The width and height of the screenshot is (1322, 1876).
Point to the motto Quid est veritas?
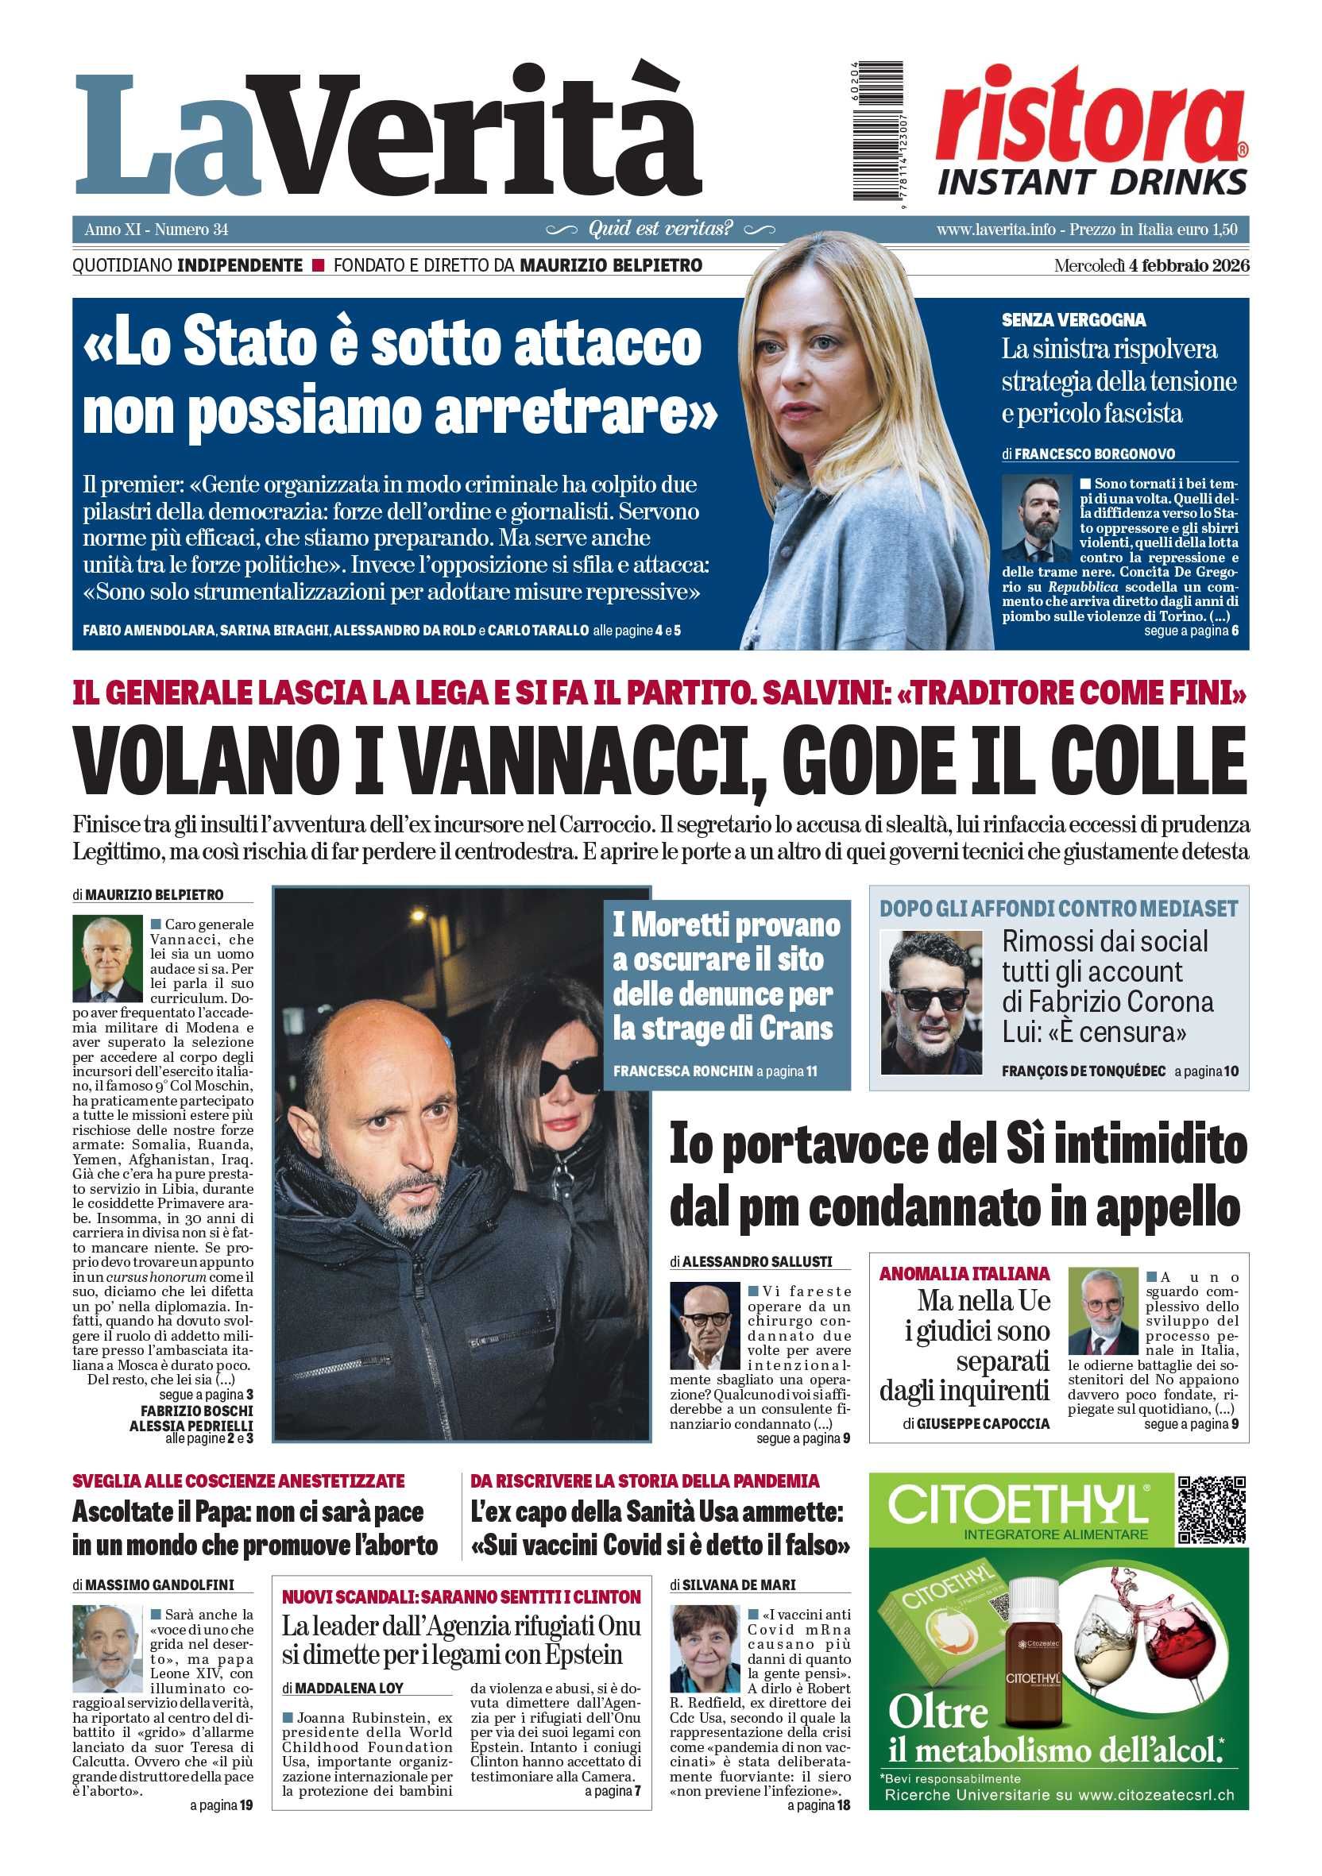coord(660,229)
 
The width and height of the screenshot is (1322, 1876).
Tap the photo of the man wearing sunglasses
coord(930,1003)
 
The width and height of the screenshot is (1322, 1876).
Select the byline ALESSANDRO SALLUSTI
coord(756,1261)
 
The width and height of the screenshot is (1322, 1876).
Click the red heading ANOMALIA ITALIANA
coord(964,1274)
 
